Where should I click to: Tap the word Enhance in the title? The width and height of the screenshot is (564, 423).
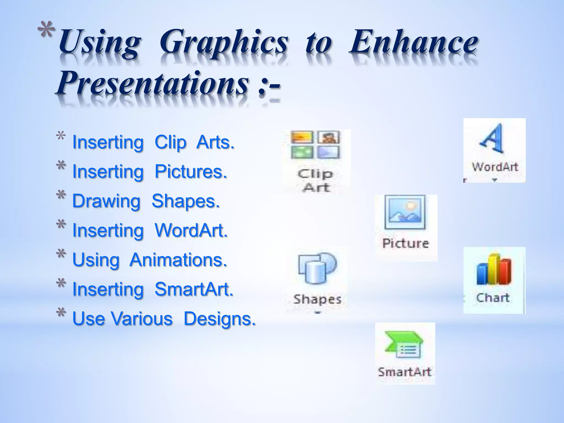coord(413,43)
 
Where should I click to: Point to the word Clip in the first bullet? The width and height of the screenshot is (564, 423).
coord(170,143)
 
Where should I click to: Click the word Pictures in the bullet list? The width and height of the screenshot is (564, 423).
coord(191,172)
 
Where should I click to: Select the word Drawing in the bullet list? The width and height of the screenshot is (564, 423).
coord(106,201)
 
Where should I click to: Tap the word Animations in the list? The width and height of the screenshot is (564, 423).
coord(178,260)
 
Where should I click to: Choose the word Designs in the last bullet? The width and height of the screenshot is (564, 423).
coord(219,319)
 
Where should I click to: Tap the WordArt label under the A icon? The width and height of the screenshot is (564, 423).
coord(495,167)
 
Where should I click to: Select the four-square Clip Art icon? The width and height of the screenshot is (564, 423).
coord(315,145)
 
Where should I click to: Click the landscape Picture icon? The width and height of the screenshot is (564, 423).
coord(405,212)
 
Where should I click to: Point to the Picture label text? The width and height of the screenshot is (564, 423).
coord(405,243)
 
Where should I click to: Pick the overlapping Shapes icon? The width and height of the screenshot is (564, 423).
coord(317,268)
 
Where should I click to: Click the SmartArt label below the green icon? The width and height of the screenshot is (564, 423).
coord(404,372)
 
